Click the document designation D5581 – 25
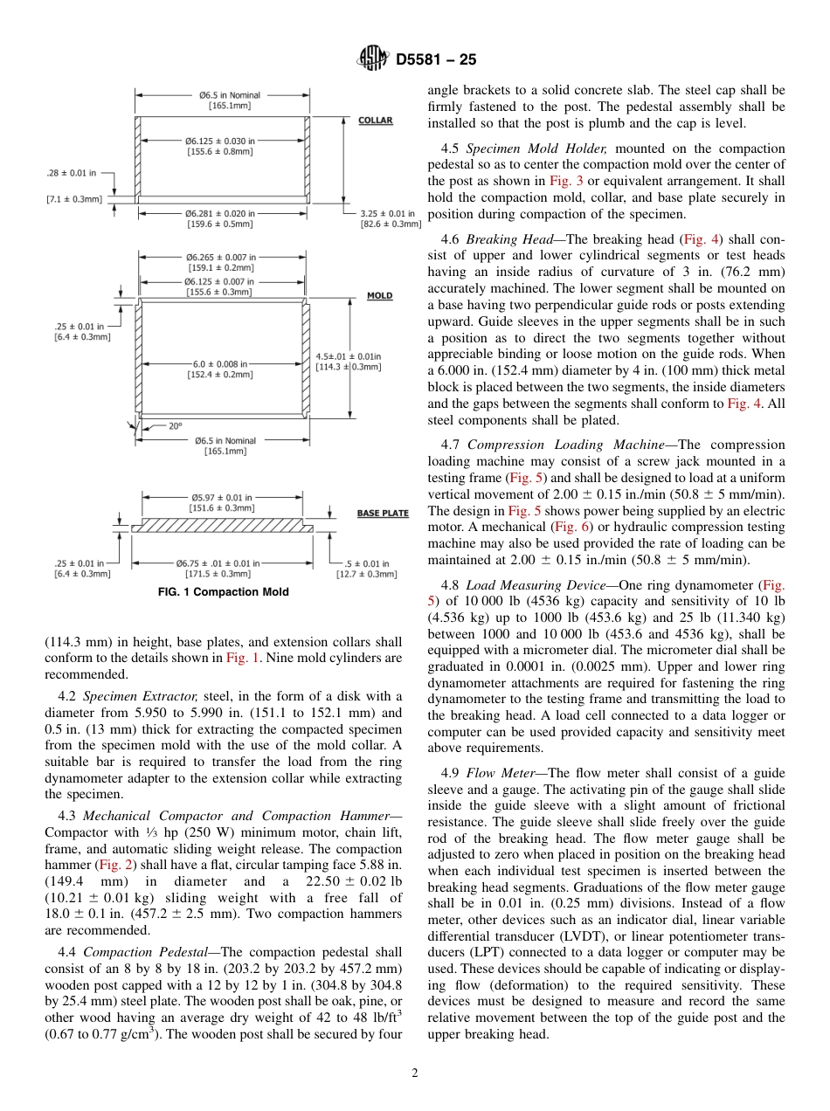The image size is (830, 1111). click(436, 60)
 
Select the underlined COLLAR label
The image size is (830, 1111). click(376, 121)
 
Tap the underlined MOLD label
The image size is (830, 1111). click(379, 296)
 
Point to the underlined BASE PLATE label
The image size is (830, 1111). click(383, 514)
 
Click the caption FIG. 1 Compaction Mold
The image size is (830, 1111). click(223, 592)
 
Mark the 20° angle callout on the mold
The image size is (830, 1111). click(175, 426)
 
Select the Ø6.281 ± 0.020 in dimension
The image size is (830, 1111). click(220, 213)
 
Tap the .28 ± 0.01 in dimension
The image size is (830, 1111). click(72, 173)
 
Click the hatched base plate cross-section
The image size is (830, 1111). click(222, 527)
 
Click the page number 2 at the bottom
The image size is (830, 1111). click(415, 1073)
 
